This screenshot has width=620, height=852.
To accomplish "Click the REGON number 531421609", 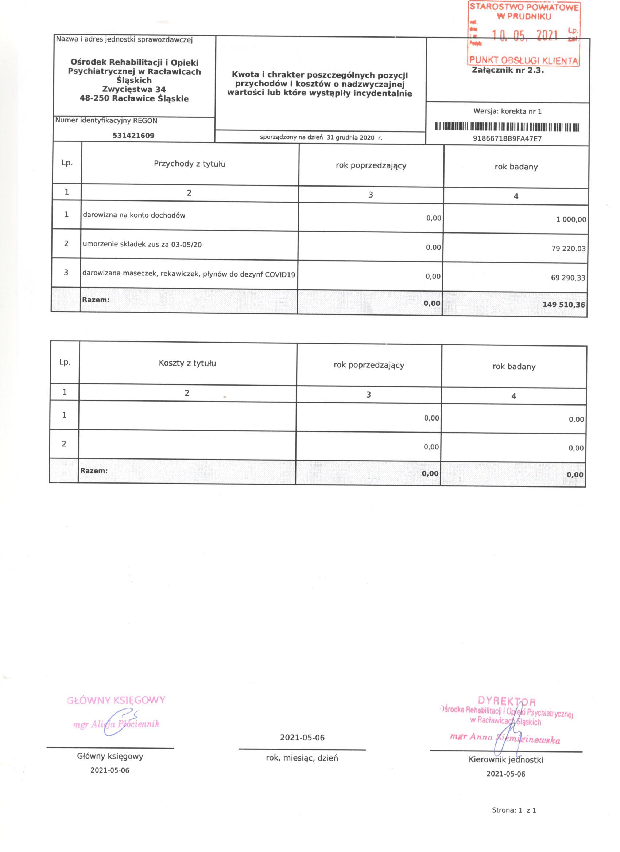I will coord(133,136).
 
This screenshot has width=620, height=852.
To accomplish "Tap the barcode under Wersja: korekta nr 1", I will coord(507,127).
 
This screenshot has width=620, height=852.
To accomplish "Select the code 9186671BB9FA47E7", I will coord(507,138).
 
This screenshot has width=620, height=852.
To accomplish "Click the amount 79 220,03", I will coord(568,249).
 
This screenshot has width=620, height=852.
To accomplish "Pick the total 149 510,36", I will coord(563,305).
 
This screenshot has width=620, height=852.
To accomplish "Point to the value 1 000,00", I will coord(571,220).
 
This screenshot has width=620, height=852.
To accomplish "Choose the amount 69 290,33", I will coord(568,278).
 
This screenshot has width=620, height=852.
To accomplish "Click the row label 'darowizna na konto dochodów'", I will coord(134,215).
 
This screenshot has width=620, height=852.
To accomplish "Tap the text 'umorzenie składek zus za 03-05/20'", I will coord(142,245).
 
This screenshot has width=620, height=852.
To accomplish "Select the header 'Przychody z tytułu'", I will coord(190,164).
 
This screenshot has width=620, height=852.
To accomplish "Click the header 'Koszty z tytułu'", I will coord(187,363).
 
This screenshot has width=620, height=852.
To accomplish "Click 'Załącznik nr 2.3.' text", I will coord(508,70).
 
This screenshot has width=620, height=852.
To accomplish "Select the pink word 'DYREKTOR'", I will coord(507,701).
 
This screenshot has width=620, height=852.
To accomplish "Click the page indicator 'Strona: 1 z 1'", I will coord(514,821).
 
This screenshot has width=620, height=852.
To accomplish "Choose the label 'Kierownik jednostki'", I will coord(506,760).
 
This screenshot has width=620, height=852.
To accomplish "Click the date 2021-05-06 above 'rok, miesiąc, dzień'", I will coord(302,738).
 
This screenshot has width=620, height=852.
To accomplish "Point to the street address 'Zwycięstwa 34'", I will coord(134,89).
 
